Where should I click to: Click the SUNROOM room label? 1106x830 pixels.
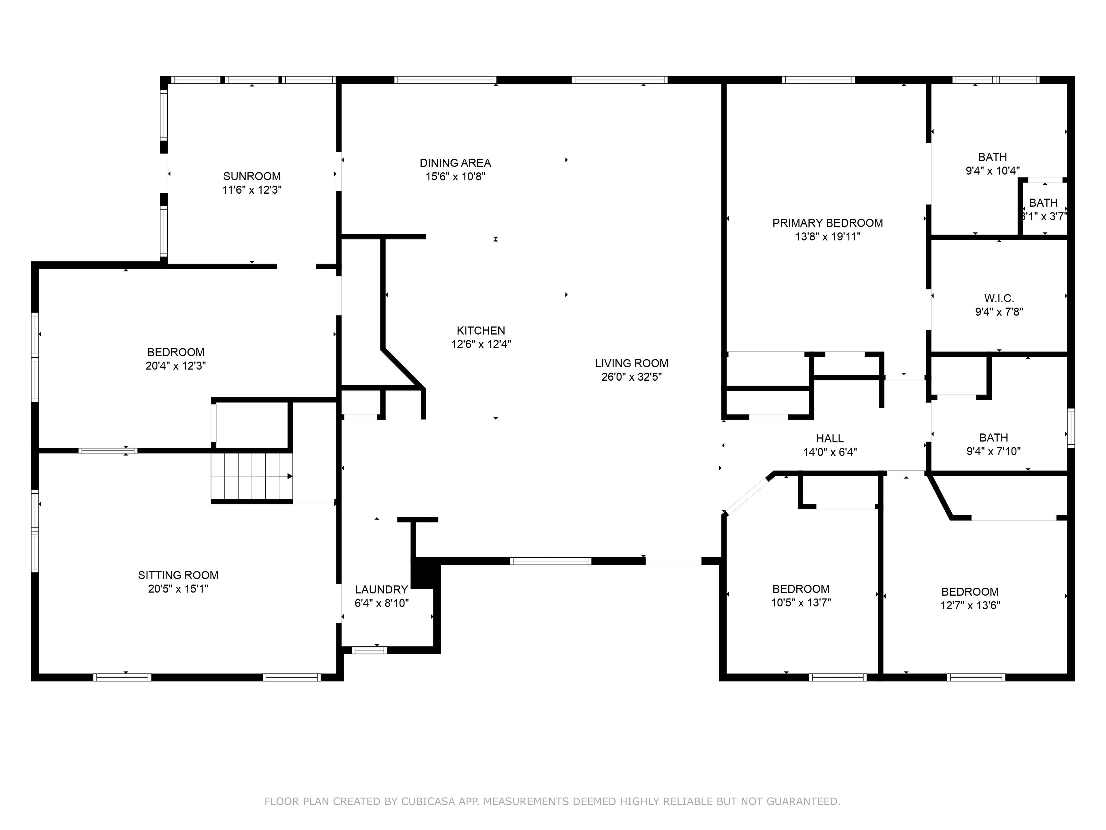(x=252, y=176)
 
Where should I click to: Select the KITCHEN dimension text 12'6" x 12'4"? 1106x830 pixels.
(x=481, y=344)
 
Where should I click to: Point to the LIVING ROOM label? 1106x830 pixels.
(x=632, y=363)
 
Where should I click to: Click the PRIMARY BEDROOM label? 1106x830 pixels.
(x=827, y=223)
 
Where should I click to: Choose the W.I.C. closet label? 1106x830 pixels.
(x=999, y=298)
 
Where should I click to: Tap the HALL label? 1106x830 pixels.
(x=830, y=439)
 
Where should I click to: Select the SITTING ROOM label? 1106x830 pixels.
(x=178, y=575)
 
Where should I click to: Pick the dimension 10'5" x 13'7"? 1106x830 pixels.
(x=801, y=602)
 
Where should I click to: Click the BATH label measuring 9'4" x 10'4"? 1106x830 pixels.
(x=993, y=157)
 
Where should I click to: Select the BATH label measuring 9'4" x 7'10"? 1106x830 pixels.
(x=993, y=438)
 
